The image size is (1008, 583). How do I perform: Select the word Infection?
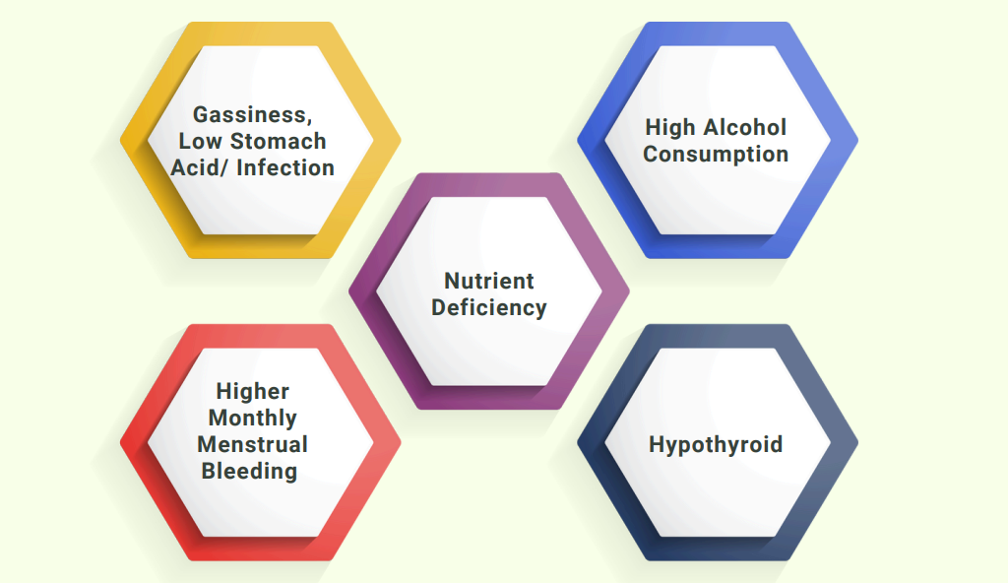285,168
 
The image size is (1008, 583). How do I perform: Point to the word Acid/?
199,168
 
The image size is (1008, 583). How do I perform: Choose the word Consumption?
716,155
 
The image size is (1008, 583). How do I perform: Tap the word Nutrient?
489,282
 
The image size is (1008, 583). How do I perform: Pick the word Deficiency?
489,307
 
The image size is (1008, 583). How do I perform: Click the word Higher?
253,392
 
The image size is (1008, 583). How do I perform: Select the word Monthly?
253,419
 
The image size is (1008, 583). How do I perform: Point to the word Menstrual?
253,445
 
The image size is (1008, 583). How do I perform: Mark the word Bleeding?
249,472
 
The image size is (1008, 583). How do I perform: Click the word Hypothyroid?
716,445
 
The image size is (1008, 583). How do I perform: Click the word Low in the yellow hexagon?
201,141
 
